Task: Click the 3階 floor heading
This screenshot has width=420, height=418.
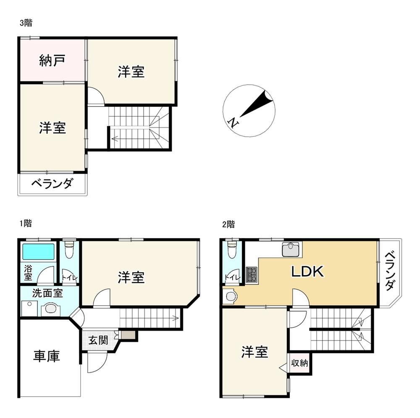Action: coord(26,23)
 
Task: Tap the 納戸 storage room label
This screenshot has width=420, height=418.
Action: coord(52,60)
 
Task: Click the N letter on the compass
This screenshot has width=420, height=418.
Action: coord(233,122)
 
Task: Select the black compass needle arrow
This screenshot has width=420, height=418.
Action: coord(256,104)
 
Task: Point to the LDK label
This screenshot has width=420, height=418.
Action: coord(307,271)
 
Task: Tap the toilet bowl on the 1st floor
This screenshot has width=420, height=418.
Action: coord(69,250)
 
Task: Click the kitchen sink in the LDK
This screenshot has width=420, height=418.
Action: coord(291,249)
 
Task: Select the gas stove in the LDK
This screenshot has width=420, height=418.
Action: coord(252,274)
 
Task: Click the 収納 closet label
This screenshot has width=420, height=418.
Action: coord(299,363)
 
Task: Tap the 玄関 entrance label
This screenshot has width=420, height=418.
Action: coord(98,340)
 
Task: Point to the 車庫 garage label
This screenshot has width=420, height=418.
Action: coord(46,356)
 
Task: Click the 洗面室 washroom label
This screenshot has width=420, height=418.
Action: coord(47,293)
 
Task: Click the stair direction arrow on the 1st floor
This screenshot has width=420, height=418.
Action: coord(175,318)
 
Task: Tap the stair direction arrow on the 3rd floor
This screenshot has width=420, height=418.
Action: coord(115,138)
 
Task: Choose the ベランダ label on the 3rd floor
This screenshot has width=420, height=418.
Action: coord(52,184)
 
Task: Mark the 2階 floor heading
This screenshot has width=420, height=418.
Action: coord(228,224)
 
